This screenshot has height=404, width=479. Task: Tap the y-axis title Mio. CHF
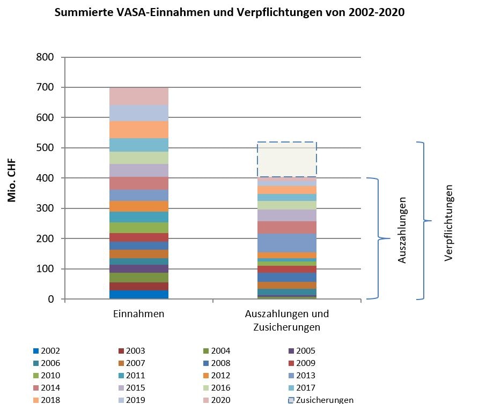point(12,179)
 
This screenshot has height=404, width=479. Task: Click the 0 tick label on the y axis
point(51,299)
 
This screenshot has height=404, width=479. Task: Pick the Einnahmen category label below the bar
point(138,314)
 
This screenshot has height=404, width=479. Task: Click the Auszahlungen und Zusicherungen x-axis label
point(286,320)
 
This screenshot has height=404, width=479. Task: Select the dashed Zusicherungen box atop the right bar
point(286,159)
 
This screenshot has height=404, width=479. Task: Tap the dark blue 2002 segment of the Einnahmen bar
point(138,294)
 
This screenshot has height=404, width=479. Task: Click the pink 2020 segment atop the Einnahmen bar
point(138,96)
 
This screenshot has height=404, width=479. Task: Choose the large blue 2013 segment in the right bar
point(286,243)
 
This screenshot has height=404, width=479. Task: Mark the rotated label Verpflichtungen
point(449,223)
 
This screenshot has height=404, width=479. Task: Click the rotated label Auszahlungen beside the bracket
point(402,230)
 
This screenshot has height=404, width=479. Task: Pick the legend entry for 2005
point(303,351)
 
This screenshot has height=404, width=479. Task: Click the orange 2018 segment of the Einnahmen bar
point(138,130)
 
